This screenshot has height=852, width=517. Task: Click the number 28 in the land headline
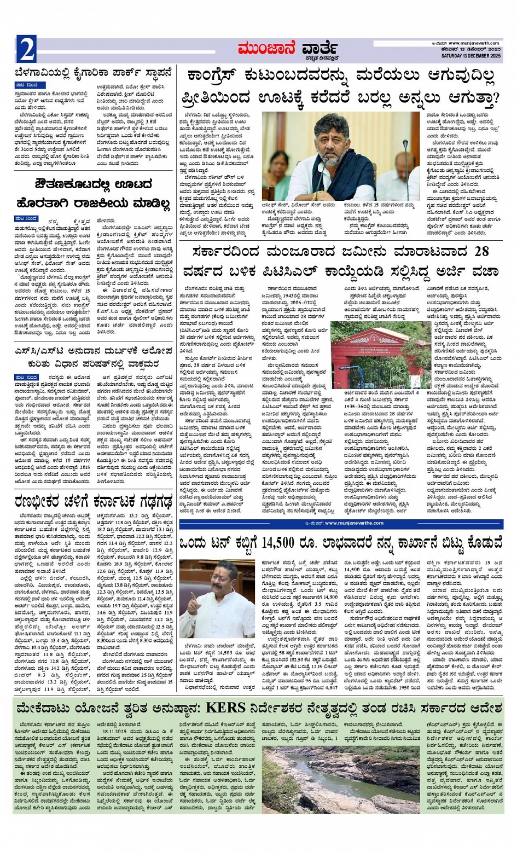pyautogui.click(x=481, y=252)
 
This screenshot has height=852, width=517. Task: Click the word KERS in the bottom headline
pyautogui.click(x=225, y=708)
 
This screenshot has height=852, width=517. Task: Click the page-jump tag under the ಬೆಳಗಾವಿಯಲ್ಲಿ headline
pyautogui.click(x=26, y=85)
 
